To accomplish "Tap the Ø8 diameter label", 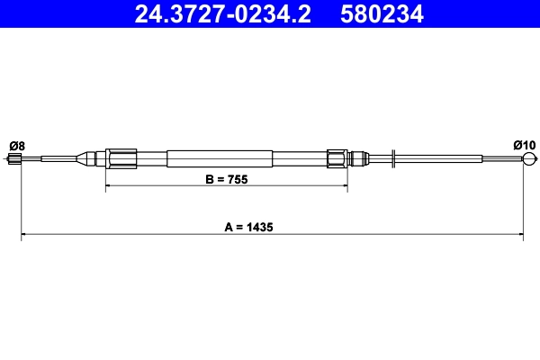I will pos(16,146).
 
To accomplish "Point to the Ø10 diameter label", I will pos(524,146).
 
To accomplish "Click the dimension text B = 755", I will pos(226,179).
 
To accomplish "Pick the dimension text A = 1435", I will pos(273,228).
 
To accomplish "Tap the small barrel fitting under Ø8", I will pos(15,159).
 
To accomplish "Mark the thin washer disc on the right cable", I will pos(395,159).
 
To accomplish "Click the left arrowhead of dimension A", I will pos(24,237).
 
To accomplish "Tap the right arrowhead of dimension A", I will pos(520,237).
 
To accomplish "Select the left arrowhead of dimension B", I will pos(110,188).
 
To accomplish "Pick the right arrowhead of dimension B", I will pos(344,188).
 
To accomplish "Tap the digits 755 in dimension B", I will pos(237,179).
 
